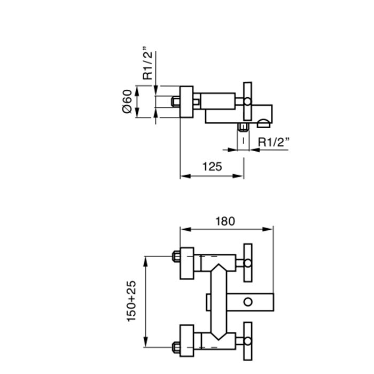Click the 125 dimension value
(212, 167)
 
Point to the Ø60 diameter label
(127, 101)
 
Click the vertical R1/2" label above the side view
(148, 64)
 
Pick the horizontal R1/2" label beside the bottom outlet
(274, 142)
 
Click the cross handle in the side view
(247, 101)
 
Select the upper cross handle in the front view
(247, 262)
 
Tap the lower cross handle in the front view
(247, 339)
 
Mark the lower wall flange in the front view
(186, 339)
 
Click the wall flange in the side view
(186, 101)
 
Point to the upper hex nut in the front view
(175, 257)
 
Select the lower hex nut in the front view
(175, 347)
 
